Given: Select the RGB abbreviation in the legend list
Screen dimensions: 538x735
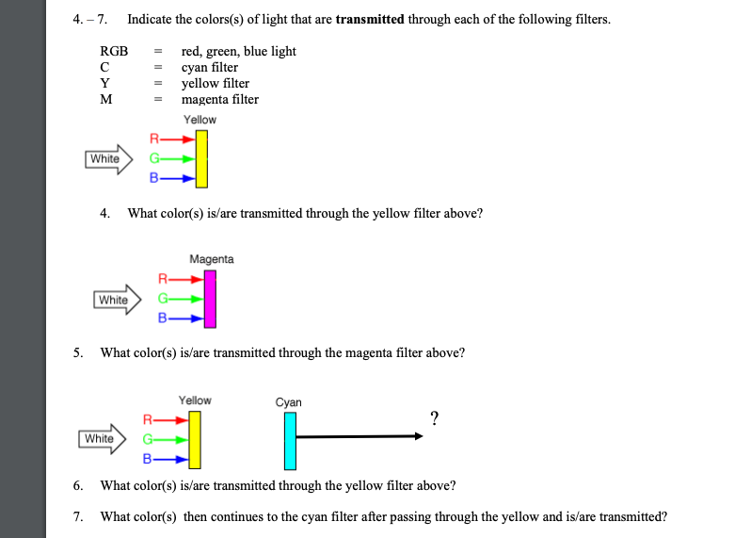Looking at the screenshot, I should point(113,51).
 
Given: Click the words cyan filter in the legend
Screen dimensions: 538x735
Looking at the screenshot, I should point(210,67).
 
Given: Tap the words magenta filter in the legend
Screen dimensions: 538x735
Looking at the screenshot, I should point(220,99).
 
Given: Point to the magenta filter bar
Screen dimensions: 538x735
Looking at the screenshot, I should point(210,299).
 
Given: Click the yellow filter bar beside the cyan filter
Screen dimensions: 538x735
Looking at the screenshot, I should point(195,440).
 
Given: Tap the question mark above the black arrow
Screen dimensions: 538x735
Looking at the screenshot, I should point(434,419).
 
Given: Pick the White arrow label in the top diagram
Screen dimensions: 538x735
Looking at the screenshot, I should point(105,158).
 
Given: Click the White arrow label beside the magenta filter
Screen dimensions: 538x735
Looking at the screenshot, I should point(114,300).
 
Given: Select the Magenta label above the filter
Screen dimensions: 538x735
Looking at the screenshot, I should point(212,259).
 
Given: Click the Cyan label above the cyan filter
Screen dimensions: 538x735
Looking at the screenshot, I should point(289,402).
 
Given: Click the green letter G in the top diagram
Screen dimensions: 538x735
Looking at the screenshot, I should point(154,158).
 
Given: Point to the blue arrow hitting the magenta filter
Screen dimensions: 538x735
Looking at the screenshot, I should point(188,319).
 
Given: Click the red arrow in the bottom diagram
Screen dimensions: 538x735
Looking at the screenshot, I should point(171,418).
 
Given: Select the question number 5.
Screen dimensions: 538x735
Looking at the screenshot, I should point(78,353).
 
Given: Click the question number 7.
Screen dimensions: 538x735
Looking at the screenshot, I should point(78,516).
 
